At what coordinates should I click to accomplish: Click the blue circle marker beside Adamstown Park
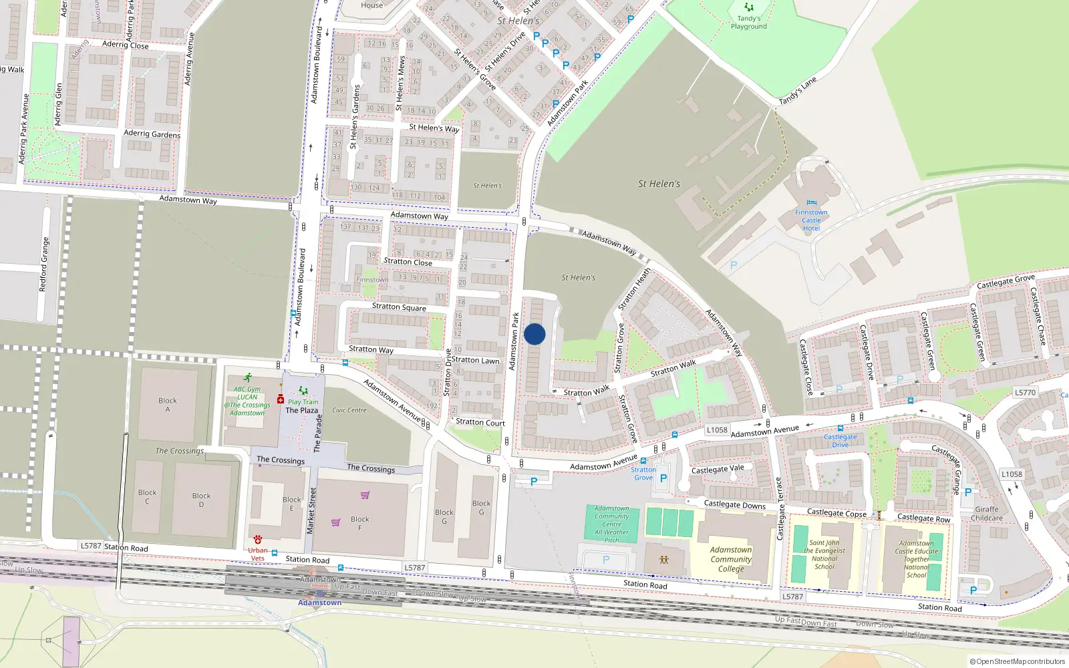coord(534,334)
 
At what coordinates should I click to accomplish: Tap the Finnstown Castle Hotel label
coord(811,220)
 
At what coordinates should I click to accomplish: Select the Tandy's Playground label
coord(748,23)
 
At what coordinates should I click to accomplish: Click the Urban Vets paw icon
coord(257,540)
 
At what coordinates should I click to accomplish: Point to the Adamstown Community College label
coord(731,559)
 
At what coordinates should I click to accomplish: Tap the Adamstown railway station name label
coord(319,603)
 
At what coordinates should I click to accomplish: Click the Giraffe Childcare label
coord(987,514)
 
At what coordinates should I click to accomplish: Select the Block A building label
coord(168,405)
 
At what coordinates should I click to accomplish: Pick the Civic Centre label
coord(349,410)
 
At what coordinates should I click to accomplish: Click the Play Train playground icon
coord(303,391)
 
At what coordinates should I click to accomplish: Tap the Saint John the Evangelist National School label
coord(824,554)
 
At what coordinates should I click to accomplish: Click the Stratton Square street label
coord(399,307)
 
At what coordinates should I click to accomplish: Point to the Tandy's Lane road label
coord(798,91)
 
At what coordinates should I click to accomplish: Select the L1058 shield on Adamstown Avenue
coord(717,430)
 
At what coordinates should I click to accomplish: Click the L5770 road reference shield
coord(1025,393)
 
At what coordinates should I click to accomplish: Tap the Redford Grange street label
coord(44,265)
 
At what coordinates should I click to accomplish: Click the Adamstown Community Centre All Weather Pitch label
coord(612,524)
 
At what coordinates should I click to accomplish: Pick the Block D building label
coord(201,500)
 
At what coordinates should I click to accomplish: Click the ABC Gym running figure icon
coord(248,377)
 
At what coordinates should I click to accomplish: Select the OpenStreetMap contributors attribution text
coord(1018,661)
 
